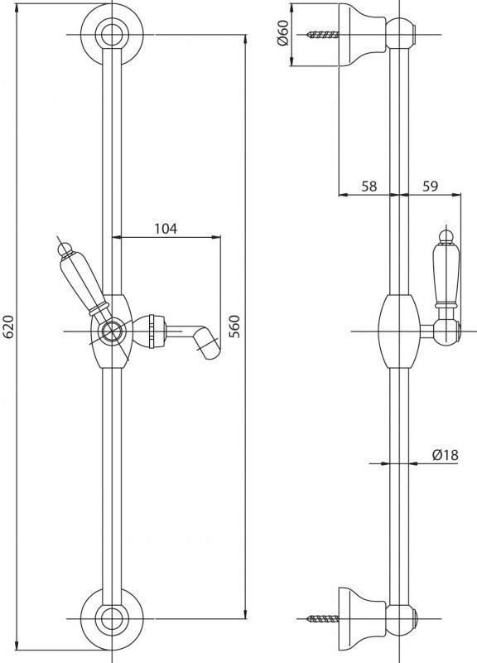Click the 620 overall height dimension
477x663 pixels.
click(x=9, y=327)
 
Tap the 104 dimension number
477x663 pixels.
click(x=166, y=229)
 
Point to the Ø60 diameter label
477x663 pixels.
click(x=282, y=33)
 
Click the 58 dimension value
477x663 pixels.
click(x=369, y=186)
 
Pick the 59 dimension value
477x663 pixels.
click(x=430, y=186)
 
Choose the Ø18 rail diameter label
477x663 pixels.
click(x=445, y=455)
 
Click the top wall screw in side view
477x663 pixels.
click(x=323, y=35)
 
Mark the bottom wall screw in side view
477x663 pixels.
click(x=323, y=619)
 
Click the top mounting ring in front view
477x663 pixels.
click(x=112, y=35)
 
